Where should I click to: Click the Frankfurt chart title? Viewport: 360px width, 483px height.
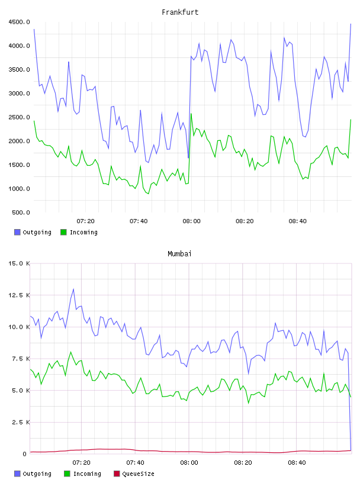point(180,12)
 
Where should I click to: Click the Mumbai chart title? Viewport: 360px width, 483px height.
point(179,254)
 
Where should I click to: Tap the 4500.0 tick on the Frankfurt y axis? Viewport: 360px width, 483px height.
point(20,22)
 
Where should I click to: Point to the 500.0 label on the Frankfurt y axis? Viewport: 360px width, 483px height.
point(21,212)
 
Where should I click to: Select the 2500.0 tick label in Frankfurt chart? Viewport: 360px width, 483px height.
point(20,117)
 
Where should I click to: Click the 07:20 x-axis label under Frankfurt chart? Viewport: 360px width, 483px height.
point(85,221)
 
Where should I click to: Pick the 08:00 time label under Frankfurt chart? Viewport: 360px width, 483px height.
point(191,221)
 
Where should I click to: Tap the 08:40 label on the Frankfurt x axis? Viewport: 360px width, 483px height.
point(297,221)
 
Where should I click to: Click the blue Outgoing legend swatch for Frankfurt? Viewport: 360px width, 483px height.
point(17,232)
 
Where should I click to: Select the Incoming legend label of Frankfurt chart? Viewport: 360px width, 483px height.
point(83,232)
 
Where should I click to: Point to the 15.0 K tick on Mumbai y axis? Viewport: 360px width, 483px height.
point(19,263)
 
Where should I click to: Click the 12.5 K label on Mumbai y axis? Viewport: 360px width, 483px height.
point(19,295)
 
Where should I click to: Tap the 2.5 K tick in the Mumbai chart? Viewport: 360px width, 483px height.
point(21,422)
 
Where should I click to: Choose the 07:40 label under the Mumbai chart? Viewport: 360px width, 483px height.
point(135,463)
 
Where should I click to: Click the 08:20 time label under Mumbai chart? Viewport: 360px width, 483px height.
point(243,463)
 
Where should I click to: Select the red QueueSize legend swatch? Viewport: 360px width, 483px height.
point(117,474)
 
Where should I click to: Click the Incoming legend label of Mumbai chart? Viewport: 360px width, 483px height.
point(87,474)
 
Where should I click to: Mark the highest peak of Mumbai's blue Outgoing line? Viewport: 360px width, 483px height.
point(73,289)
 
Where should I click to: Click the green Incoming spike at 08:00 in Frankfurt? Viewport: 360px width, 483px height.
point(191,114)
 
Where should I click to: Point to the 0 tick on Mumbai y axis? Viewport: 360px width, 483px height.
point(25,454)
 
